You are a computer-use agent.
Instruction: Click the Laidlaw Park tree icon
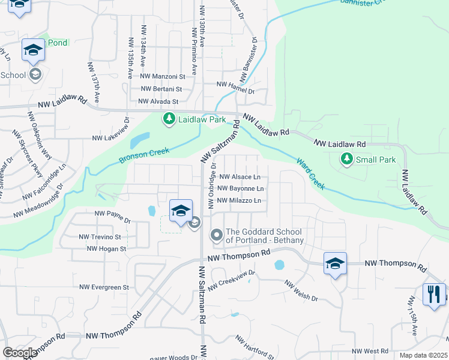pos(170,119)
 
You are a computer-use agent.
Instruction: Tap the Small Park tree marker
pos(346,160)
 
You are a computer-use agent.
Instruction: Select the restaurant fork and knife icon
pos(434,294)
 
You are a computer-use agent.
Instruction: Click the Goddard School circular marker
pos(215,234)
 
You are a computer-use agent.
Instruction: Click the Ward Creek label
pos(311,173)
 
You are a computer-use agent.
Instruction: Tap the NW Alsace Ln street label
pos(240,177)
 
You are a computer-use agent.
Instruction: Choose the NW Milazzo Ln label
pos(240,200)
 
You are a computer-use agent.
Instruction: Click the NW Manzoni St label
pos(160,76)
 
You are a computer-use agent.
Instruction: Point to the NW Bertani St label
pos(161,89)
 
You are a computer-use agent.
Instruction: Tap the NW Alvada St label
pos(158,102)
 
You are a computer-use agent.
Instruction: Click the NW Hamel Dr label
pos(235,92)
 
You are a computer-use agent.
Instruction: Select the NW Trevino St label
pos(100,237)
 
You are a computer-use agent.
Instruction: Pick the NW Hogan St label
pos(106,248)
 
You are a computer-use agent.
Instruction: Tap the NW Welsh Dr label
pos(301,291)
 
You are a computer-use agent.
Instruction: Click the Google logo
pos(20,353)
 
